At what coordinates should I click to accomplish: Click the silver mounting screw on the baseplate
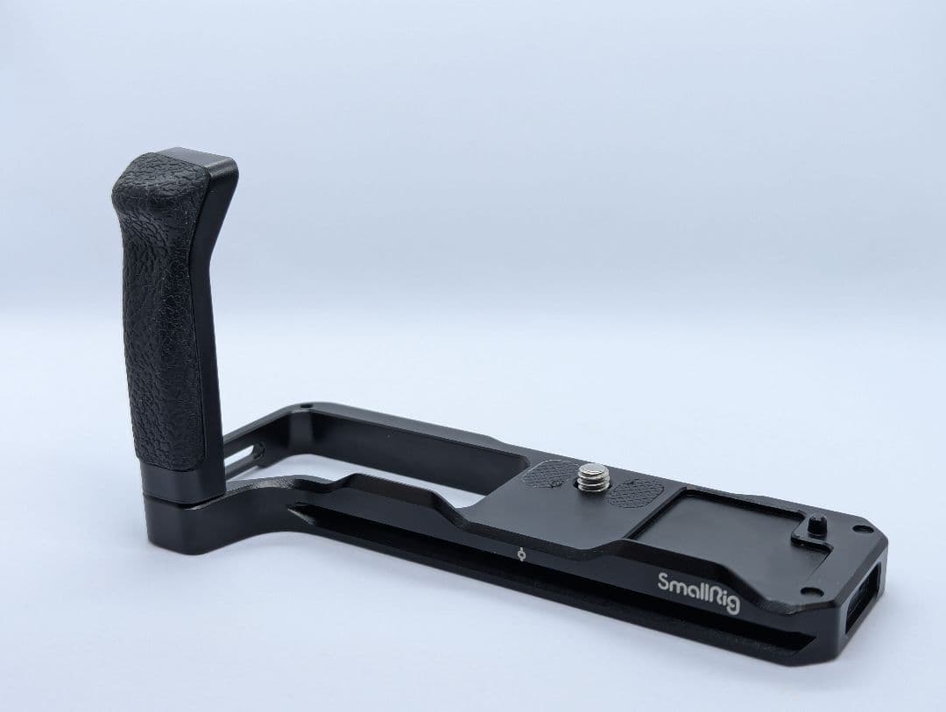click(x=593, y=476)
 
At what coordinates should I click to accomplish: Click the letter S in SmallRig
click(x=662, y=582)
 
